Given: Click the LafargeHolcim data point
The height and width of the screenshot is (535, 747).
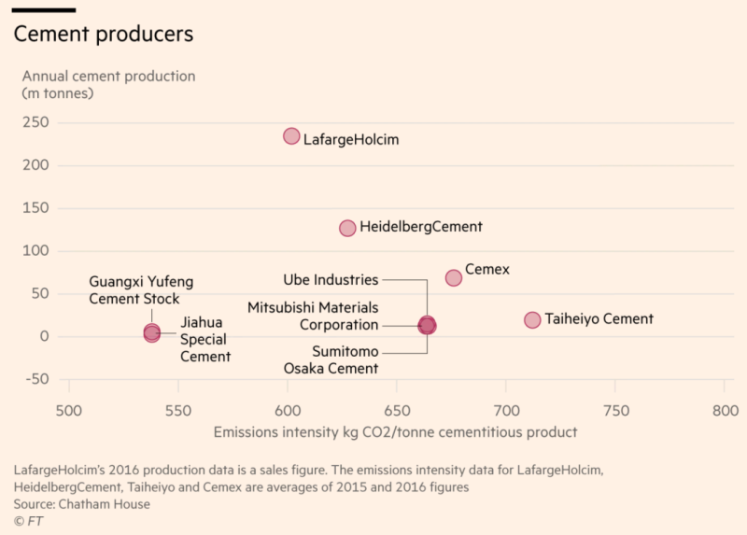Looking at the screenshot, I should click(x=291, y=136).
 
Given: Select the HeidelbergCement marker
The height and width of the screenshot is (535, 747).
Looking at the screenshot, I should click(x=347, y=228).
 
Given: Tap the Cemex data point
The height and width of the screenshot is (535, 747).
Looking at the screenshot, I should click(x=454, y=277).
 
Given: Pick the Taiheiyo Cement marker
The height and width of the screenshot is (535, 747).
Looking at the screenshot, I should click(x=532, y=320).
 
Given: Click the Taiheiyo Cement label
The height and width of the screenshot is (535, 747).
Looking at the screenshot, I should click(x=599, y=319).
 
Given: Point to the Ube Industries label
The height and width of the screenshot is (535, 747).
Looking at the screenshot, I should click(x=331, y=279).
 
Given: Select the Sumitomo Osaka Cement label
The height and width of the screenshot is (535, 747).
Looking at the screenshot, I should click(x=331, y=359).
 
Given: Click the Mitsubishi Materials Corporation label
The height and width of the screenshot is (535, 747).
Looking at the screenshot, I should click(x=313, y=316).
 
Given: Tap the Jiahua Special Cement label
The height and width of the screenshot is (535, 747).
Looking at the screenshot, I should click(x=204, y=339).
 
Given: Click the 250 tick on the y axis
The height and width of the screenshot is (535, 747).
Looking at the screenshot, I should click(x=36, y=123).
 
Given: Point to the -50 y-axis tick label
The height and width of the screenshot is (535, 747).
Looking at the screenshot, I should click(x=36, y=379).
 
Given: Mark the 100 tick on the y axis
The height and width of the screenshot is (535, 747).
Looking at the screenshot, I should click(x=36, y=251).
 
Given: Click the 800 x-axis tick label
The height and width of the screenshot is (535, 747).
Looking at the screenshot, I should click(x=725, y=411).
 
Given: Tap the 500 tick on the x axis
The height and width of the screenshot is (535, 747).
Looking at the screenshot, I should click(x=68, y=411).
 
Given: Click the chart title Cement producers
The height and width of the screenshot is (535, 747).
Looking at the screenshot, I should click(x=103, y=34).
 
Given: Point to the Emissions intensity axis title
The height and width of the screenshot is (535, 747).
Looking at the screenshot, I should click(x=395, y=432).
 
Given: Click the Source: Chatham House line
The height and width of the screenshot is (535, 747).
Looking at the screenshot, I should click(x=81, y=504).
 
